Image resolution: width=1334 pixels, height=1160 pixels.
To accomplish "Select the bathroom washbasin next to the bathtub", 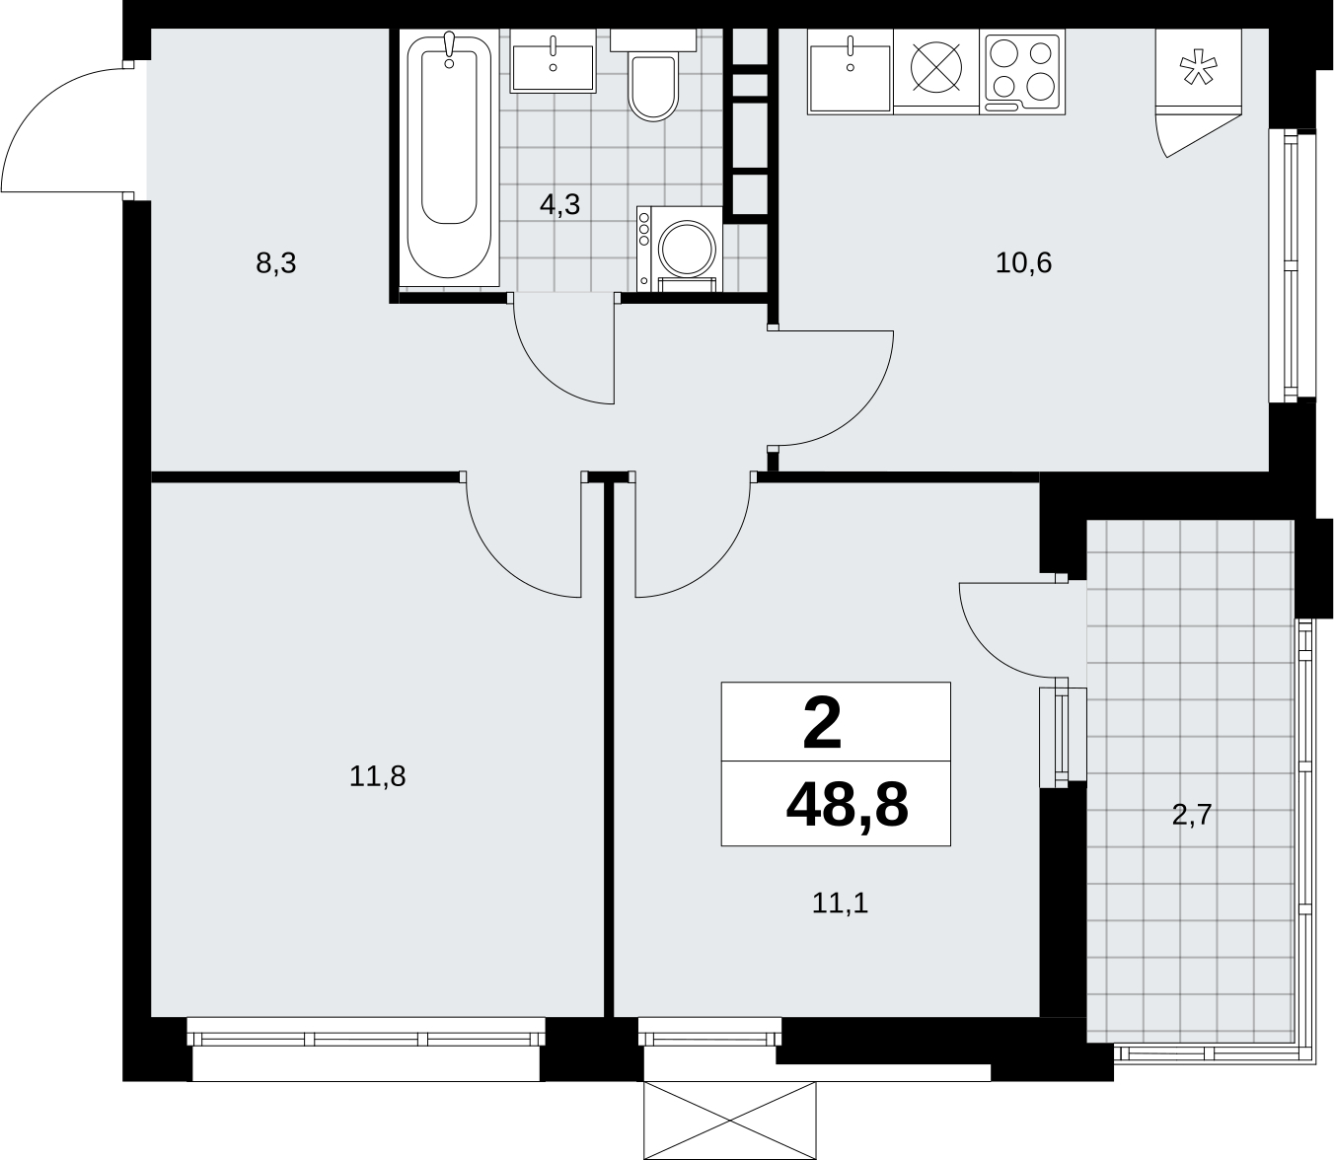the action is click(x=553, y=61).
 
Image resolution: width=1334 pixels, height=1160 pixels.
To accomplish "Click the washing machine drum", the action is click(x=687, y=249).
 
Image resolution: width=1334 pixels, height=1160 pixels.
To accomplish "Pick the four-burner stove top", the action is click(x=1021, y=72).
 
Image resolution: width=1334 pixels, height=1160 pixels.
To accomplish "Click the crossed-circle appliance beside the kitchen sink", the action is click(x=936, y=66).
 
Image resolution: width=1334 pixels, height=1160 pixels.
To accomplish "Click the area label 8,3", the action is click(x=276, y=264).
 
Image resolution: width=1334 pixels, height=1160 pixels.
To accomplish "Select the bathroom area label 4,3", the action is click(x=559, y=204).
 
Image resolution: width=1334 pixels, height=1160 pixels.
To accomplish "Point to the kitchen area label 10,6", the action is click(x=1023, y=263).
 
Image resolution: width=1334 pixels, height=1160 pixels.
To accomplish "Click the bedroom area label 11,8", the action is click(x=378, y=777).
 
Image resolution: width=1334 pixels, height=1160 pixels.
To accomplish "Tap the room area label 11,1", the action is click(x=840, y=904).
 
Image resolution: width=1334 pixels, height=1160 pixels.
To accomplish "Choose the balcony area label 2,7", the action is click(x=1192, y=816).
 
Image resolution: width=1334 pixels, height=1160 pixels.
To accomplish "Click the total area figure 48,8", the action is click(x=847, y=806).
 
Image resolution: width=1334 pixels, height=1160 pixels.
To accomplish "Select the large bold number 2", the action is click(x=822, y=723).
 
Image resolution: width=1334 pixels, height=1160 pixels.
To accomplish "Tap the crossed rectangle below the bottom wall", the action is click(x=729, y=1121).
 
